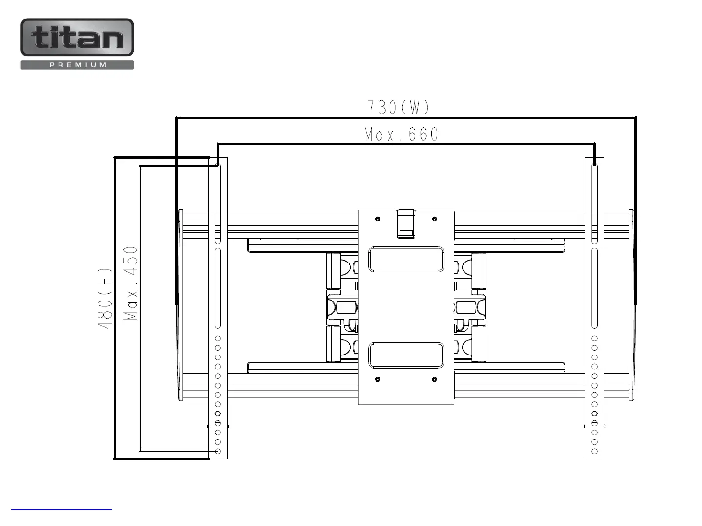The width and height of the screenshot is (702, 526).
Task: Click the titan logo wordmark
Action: tap(77, 38)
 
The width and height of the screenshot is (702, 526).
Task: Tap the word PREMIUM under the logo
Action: tap(78, 65)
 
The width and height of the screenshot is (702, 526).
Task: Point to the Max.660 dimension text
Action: tap(401, 134)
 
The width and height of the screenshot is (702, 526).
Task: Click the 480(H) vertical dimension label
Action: tap(105, 298)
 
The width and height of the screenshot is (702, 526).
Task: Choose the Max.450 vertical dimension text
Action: tap(131, 283)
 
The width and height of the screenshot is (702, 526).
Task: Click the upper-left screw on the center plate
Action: tap(378, 219)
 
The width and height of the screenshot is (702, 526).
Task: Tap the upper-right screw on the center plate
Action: tap(434, 219)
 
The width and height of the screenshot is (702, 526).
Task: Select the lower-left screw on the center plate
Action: tap(378, 379)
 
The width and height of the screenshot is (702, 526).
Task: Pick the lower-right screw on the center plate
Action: tap(434, 379)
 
